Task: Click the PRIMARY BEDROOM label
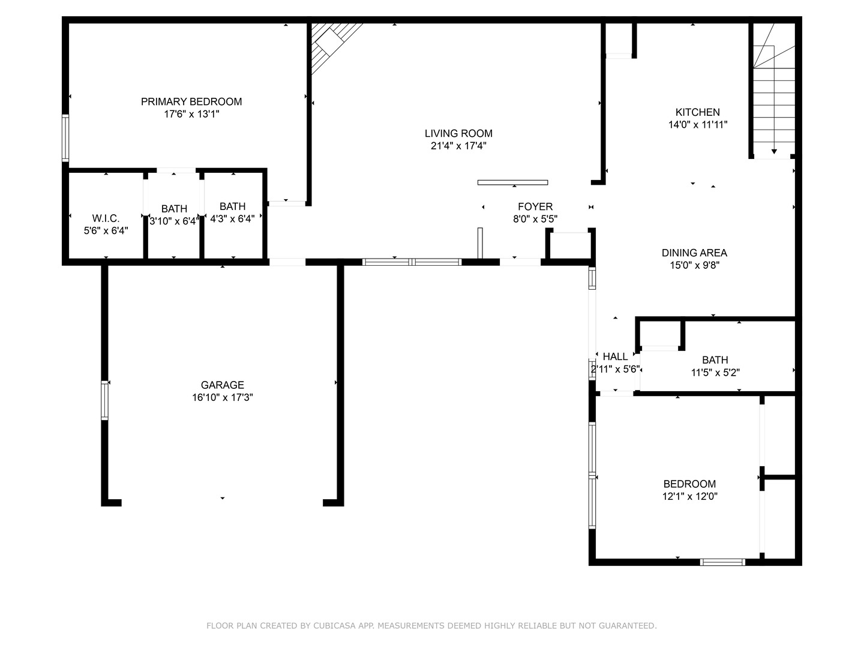pos(191,101)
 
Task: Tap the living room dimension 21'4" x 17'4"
pos(458,146)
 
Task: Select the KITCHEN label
pos(697,112)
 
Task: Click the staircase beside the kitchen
pos(774,96)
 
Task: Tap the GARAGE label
pos(222,385)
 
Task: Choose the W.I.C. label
pos(106,218)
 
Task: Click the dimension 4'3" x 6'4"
pos(232,219)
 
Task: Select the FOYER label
pos(535,207)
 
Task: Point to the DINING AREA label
pos(694,253)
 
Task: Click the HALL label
pos(615,356)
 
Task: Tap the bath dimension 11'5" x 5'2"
pos(715,373)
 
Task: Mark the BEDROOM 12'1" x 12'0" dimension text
pos(689,497)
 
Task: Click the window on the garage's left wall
pos(105,400)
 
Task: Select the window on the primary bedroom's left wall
pos(65,138)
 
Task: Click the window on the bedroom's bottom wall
pos(722,562)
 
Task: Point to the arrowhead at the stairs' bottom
pos(774,151)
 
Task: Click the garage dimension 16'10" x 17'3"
pos(222,398)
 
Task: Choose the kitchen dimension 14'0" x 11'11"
pos(697,125)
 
